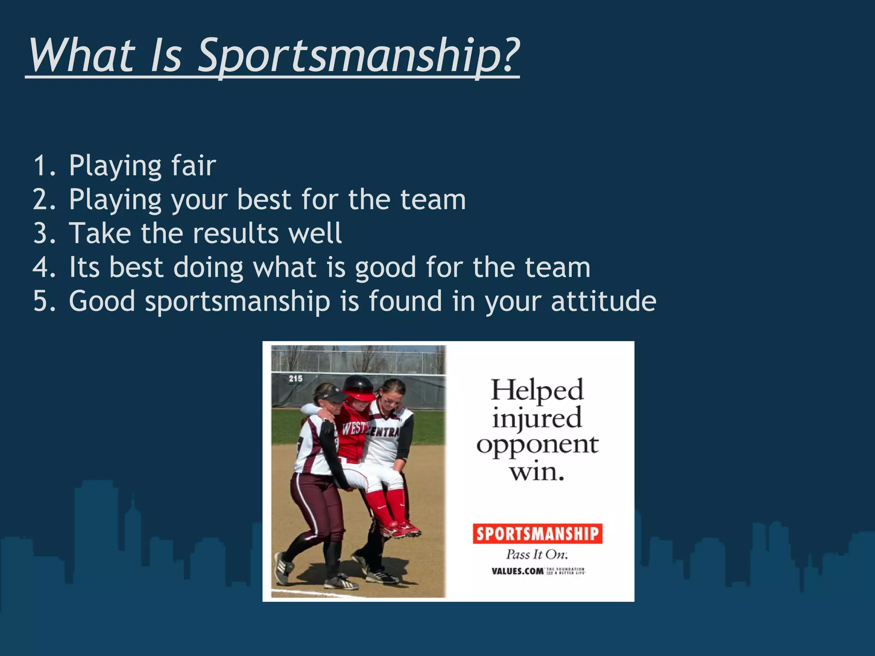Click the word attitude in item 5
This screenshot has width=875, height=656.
603,301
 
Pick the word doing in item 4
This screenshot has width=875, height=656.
208,268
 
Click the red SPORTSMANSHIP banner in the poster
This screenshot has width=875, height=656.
537,534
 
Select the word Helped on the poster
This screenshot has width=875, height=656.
537,389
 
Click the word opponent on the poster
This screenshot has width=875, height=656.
537,445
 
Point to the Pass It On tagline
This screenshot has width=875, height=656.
537,554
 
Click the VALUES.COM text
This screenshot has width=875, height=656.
517,571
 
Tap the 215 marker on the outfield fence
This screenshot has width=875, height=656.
295,378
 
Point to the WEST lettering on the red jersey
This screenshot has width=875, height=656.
354,427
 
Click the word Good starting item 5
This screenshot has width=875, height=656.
102,301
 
